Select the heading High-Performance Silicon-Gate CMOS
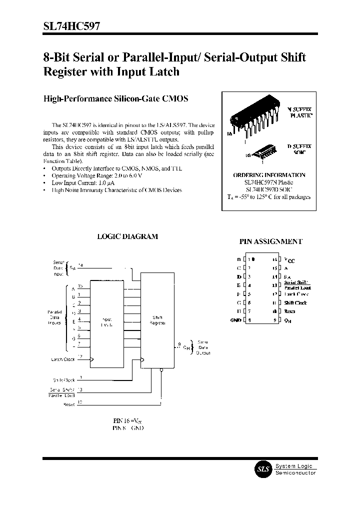116,99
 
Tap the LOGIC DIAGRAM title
127,236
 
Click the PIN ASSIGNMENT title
270,241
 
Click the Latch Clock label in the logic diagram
63,359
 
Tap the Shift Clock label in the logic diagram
64,380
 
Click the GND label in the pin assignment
235,320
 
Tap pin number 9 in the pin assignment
275,320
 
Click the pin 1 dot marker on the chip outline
253,259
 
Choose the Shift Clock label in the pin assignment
295,303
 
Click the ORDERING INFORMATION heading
269,175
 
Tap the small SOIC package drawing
262,151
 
